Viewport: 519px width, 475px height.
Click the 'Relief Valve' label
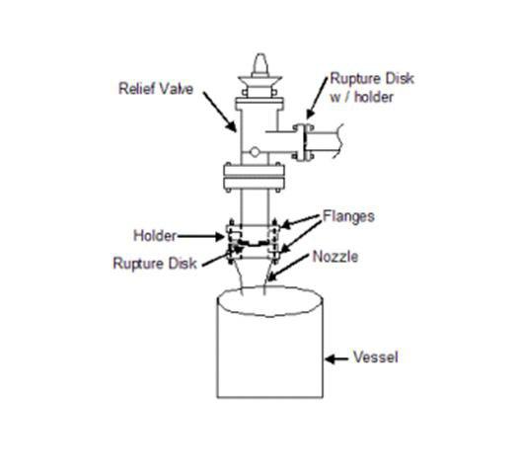tap(156, 89)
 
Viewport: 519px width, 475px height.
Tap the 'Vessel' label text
tap(375, 357)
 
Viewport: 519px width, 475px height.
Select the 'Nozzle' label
tap(335, 257)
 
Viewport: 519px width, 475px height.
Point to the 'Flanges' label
tap(348, 216)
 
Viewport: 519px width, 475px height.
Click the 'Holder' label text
tap(155, 236)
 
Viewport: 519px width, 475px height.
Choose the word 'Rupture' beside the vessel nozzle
tap(139, 264)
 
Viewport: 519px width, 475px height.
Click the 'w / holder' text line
tap(362, 97)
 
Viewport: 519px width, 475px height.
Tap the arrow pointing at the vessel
tap(336, 358)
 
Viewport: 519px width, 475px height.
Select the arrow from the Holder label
tap(201, 236)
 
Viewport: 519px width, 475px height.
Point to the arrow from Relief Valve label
tap(220, 112)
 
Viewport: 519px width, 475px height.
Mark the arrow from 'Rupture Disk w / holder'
tap(317, 98)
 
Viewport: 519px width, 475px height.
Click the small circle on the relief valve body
tap(255, 152)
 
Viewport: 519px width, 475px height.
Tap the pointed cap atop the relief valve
tap(260, 65)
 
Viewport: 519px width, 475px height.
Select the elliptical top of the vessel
tap(270, 301)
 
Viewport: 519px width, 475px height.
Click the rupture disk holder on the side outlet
tap(303, 142)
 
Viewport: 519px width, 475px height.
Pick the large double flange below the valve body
tap(254, 177)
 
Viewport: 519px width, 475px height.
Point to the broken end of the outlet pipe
tap(338, 141)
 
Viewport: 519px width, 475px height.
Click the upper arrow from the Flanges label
tap(301, 221)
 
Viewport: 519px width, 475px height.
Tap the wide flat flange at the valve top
tap(259, 104)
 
